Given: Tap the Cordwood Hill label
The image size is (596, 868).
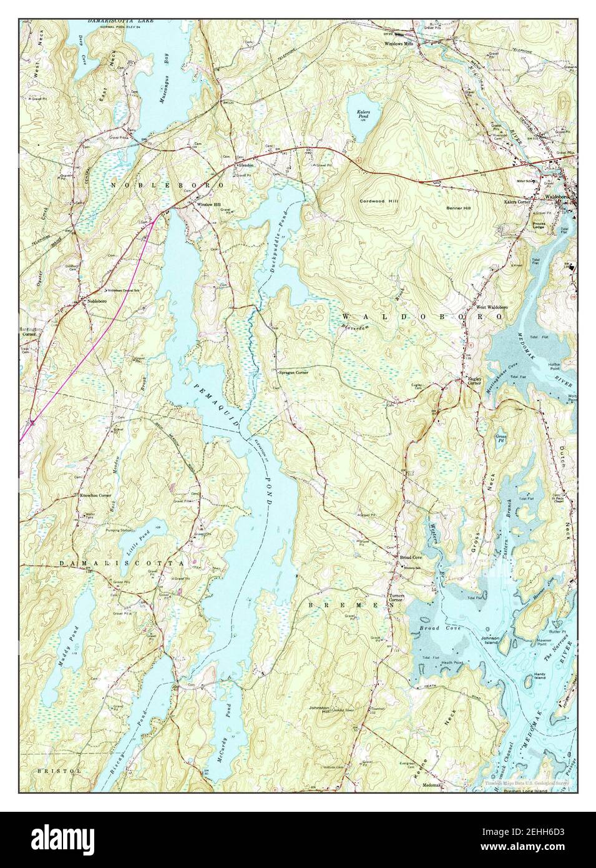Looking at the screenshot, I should tap(379, 201).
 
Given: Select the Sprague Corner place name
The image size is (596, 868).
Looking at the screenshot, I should tap(293, 372).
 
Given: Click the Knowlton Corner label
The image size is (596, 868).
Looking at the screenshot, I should tap(95, 495).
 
